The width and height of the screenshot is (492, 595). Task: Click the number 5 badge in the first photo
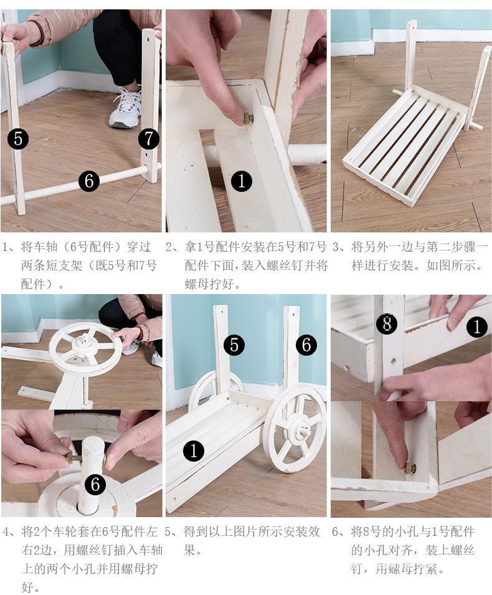point(18,138)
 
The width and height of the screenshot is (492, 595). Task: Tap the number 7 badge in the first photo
point(148,138)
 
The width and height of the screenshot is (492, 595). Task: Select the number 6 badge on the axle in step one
point(89,181)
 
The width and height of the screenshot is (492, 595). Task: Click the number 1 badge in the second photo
point(242,181)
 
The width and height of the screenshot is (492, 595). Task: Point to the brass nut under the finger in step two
point(247,119)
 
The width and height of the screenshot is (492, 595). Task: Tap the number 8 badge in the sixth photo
point(387,324)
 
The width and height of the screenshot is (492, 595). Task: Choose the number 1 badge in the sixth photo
point(476,326)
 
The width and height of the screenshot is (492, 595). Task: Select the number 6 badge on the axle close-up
point(95,485)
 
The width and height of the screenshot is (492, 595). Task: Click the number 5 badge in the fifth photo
point(234,345)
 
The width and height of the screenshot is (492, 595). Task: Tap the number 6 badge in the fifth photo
point(306,345)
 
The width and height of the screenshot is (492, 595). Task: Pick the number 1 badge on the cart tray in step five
point(194,451)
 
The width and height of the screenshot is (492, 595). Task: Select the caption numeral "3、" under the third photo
point(340,247)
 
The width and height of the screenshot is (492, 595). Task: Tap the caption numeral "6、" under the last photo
point(340,531)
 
